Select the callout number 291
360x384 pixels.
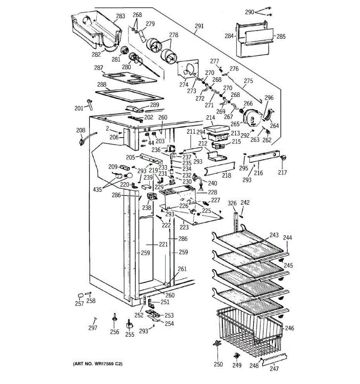199,26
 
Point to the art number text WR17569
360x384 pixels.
108,364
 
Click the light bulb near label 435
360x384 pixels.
129,175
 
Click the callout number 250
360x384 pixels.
218,364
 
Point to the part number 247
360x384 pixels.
274,369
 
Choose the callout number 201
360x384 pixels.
79,108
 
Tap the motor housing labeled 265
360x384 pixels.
253,118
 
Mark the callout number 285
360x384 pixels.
281,36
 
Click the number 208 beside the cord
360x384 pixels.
81,130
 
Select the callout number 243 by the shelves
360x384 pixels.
274,235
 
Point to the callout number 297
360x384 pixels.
92,328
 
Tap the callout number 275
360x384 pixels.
248,81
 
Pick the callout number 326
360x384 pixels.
232,203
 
